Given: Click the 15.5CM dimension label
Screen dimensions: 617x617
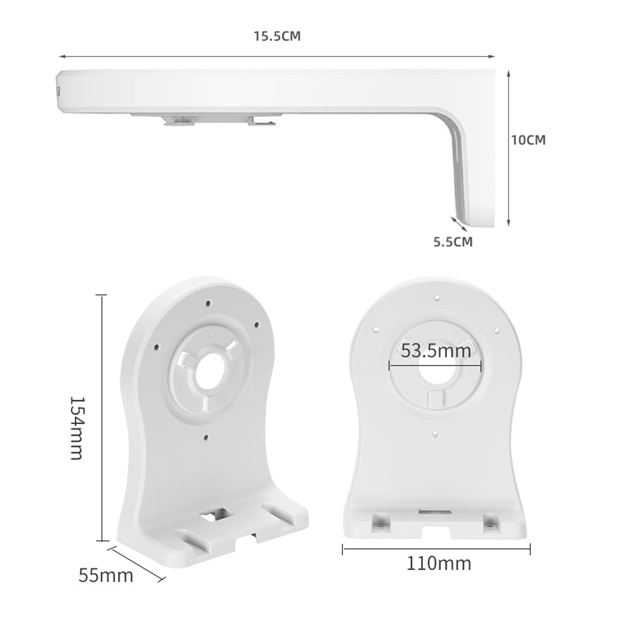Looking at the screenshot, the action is coord(277,36).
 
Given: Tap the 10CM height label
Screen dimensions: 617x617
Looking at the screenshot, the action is coord(528,140).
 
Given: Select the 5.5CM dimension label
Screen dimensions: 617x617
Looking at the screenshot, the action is coord(453,242).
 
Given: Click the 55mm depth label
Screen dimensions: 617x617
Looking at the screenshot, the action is coord(106,576).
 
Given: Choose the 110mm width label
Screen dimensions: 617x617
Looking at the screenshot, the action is coord(439,564).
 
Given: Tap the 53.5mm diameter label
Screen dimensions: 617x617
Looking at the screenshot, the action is coord(436,351).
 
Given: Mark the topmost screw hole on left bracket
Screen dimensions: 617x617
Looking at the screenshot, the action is coord(208,304).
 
